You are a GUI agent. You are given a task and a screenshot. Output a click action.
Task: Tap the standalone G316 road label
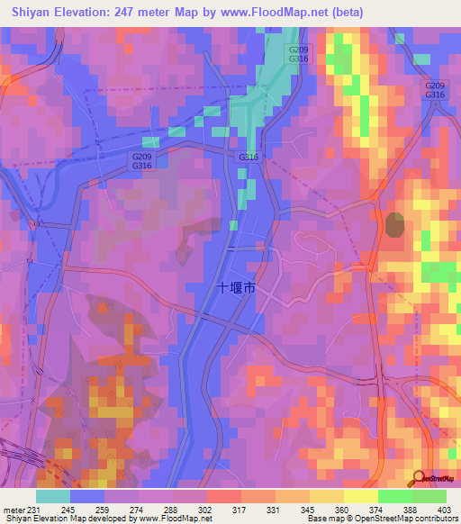point(249,158)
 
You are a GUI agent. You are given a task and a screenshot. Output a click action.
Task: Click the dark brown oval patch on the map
point(395,224)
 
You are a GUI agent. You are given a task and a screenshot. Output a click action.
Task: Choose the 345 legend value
point(300,509)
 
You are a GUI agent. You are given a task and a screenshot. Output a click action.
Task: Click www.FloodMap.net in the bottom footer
point(166,519)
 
